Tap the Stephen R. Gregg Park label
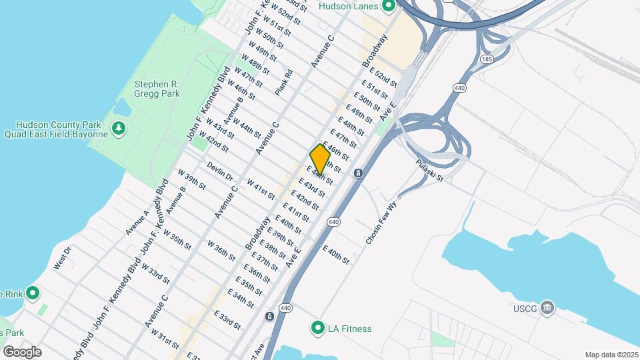click(157, 89)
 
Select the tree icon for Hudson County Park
click(119, 127)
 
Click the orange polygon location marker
click(320, 160)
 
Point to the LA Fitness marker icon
click(317, 329)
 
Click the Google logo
click(22, 351)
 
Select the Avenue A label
click(137, 223)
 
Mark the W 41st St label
click(261, 189)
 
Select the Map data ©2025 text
click(610, 355)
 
